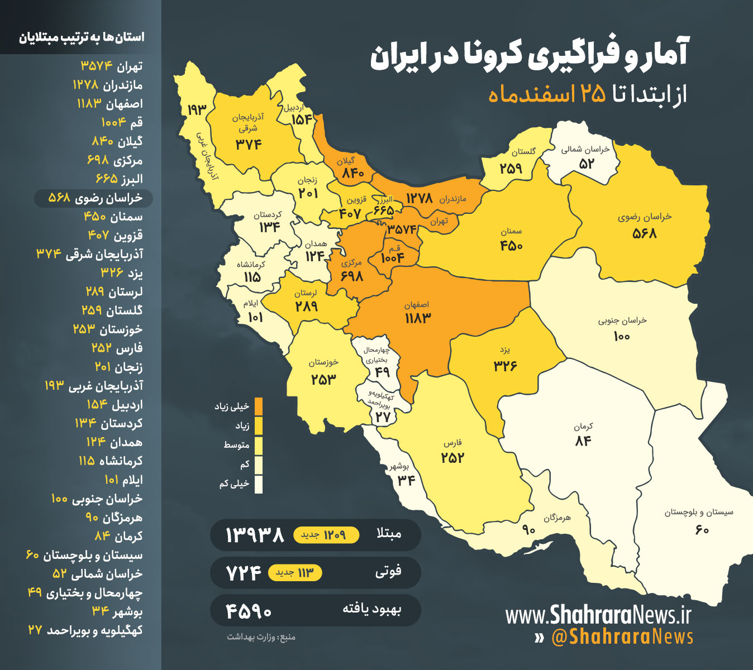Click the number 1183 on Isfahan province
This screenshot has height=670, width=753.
click(418, 318)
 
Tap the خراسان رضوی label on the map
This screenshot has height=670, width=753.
click(645, 217)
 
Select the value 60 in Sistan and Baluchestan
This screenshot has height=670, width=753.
click(702, 529)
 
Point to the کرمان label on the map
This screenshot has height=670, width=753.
click(583, 427)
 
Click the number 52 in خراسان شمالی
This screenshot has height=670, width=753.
click(587, 164)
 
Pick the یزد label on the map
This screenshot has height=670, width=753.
click(505, 350)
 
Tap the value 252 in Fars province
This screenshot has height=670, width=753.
click(452, 458)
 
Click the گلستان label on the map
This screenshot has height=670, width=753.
click(523, 151)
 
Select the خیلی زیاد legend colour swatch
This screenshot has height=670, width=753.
click(258, 406)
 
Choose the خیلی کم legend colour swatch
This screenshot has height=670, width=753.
click(258, 484)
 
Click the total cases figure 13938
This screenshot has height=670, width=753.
click(255, 535)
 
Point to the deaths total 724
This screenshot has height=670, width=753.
click(244, 573)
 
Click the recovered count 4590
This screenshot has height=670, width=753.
click(249, 611)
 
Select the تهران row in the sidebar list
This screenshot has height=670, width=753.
click(112, 66)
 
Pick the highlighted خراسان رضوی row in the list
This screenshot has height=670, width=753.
click(94, 198)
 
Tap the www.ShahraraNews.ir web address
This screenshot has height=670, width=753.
click(598, 615)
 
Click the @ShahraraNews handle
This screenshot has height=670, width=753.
click(622, 637)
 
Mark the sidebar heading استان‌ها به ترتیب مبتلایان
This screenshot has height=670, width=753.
click(82, 37)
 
